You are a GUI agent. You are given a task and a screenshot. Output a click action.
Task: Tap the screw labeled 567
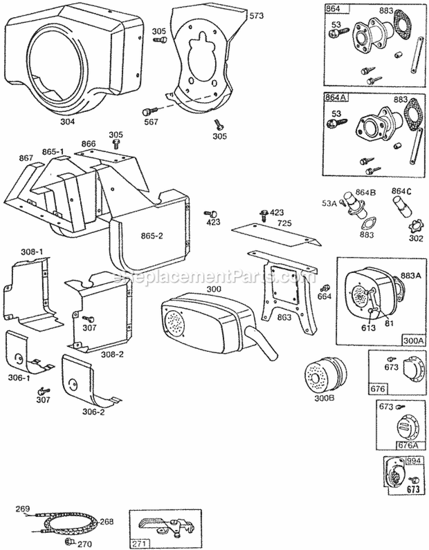click(150, 110)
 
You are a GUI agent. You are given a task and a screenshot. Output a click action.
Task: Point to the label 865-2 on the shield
click(146, 235)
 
